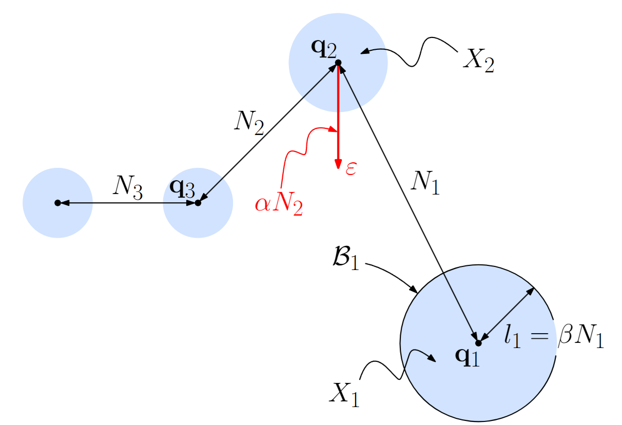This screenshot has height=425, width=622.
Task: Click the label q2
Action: click(324, 49)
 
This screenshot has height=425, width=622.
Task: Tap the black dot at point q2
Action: click(338, 63)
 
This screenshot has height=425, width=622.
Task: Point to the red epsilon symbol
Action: click(351, 169)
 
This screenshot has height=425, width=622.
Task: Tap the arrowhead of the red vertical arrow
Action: click(338, 163)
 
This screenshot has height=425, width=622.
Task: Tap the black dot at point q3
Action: click(198, 203)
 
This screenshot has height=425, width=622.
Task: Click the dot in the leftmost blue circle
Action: click(57, 203)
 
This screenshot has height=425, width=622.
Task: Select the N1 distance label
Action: click(425, 183)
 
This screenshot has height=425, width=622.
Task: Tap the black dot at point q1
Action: click(478, 342)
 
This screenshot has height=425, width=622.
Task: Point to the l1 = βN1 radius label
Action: click(553, 339)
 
